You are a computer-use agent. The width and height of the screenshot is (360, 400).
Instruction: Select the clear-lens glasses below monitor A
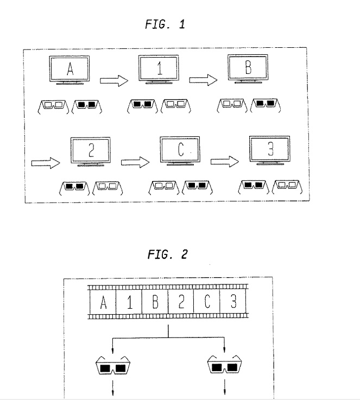53,104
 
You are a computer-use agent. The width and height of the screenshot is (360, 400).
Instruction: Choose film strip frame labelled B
155,302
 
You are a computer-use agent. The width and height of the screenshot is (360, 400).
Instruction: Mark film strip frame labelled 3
233,302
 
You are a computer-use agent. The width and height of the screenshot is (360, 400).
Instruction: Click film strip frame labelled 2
181,302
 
